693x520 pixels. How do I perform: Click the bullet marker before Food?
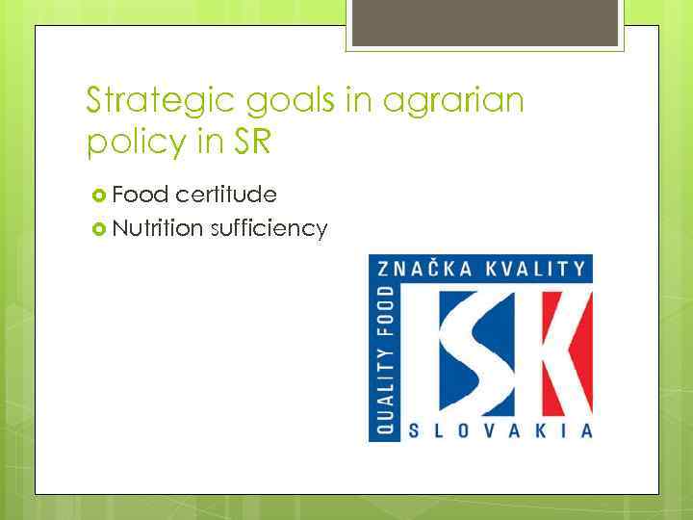[x=97, y=195]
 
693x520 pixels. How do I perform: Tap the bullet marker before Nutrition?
[x=97, y=229]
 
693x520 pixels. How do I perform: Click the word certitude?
[x=228, y=195]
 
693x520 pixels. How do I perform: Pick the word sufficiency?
[x=269, y=229]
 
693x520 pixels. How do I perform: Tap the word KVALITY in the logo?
[x=536, y=269]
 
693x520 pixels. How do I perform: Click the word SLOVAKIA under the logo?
[x=500, y=429]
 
